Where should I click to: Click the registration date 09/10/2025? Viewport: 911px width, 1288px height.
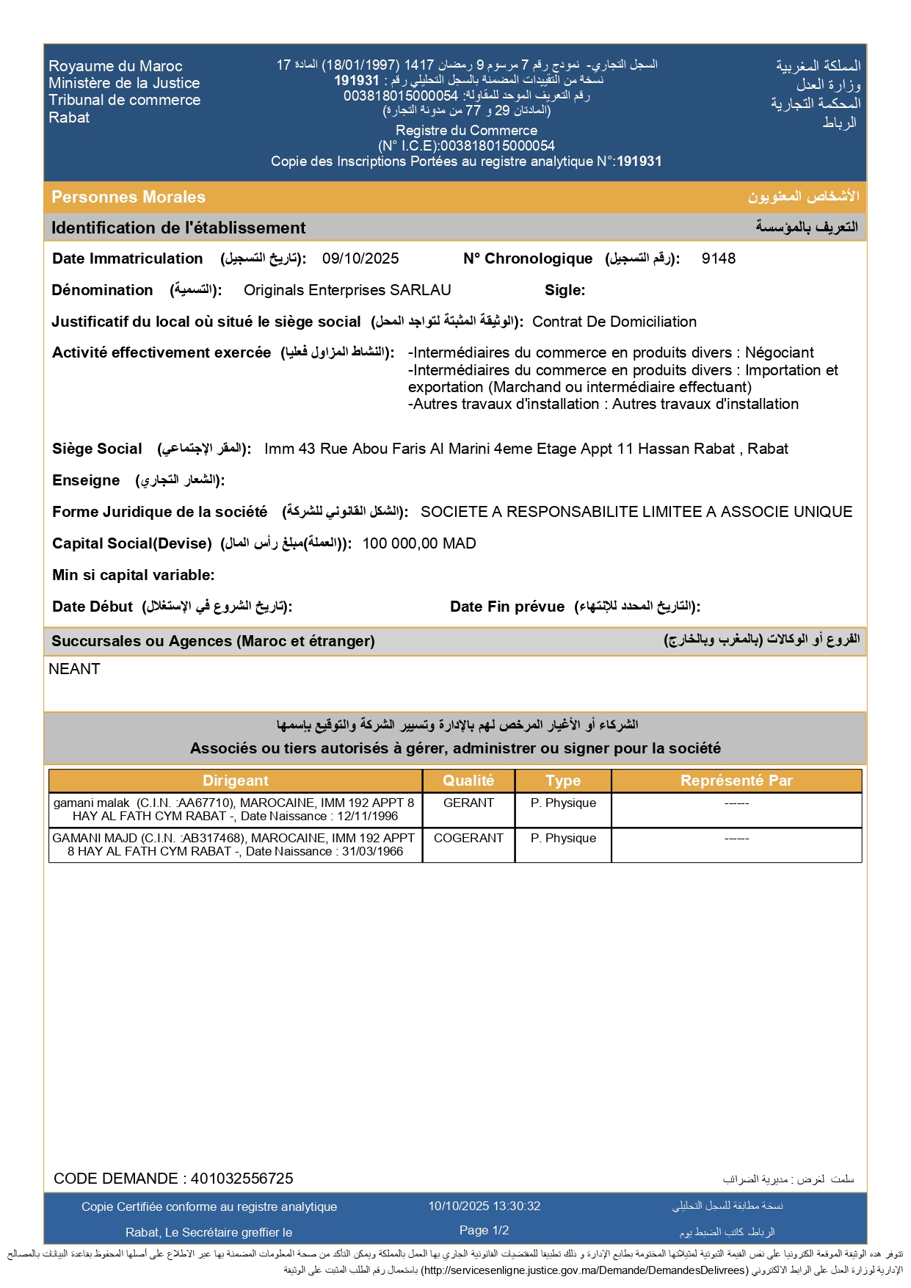tap(360, 258)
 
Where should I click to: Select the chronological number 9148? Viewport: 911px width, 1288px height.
tap(718, 258)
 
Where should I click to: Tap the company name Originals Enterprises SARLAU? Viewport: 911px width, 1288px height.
tap(347, 290)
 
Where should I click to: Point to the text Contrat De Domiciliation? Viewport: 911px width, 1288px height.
tap(614, 322)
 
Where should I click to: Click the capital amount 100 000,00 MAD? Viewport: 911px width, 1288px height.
tap(419, 543)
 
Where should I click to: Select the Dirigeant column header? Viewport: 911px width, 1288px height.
tap(236, 781)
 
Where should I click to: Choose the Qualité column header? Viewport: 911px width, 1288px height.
tap(468, 781)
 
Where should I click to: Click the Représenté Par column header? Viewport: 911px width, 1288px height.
tap(736, 781)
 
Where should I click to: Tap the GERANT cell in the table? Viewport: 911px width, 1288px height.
tap(468, 803)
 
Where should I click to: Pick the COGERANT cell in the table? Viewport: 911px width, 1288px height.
tap(468, 839)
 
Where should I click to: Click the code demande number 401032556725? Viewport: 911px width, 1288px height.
tap(242, 1179)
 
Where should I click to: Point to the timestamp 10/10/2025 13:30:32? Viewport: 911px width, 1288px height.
tap(484, 1206)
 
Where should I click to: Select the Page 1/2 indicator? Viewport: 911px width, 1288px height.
tap(484, 1230)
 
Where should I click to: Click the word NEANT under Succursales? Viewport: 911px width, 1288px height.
tap(74, 669)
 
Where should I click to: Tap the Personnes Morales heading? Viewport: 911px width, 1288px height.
tap(128, 197)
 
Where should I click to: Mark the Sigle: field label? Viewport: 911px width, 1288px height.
tap(565, 290)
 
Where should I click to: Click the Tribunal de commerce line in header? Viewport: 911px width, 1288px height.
tap(124, 100)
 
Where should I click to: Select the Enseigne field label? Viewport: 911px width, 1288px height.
tap(86, 480)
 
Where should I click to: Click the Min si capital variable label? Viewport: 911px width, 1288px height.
tap(133, 575)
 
